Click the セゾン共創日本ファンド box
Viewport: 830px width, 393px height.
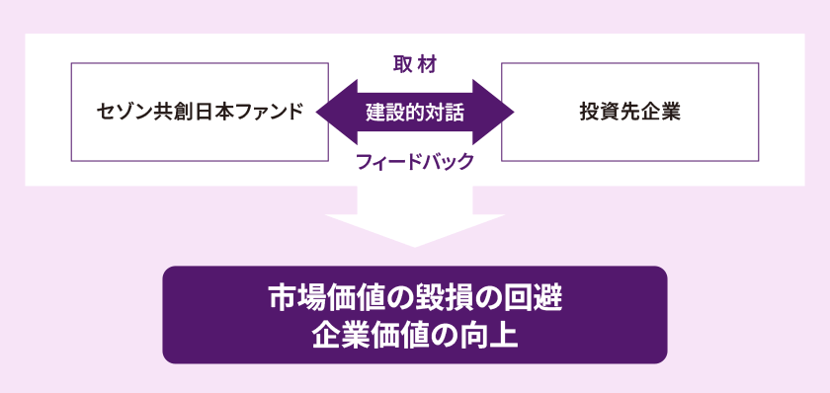point(199,112)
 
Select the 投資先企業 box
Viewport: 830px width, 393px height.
point(629,112)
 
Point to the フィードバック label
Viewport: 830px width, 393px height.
point(415,161)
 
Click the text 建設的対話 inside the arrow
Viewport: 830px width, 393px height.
point(415,112)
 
